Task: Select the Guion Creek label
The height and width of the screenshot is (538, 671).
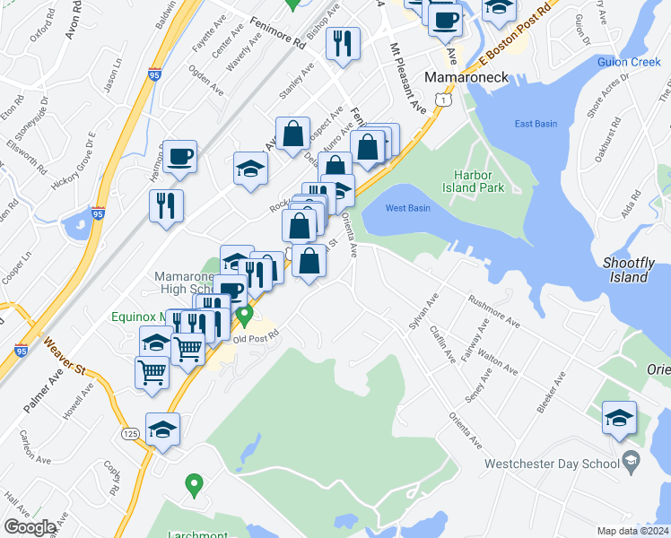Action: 629,62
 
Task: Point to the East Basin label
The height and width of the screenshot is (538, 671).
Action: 536,124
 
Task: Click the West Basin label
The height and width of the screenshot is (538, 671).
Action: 408,208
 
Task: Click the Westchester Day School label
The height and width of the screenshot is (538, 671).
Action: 551,464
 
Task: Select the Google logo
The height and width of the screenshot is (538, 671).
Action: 30,527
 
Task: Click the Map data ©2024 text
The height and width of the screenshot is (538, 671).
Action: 632,531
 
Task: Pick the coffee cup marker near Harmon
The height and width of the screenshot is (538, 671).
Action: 179,156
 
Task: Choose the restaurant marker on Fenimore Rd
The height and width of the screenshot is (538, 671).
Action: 342,42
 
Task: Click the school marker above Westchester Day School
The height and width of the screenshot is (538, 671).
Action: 619,418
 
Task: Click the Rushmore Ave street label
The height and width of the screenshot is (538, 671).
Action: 493,310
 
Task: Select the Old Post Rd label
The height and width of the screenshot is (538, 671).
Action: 257,339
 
